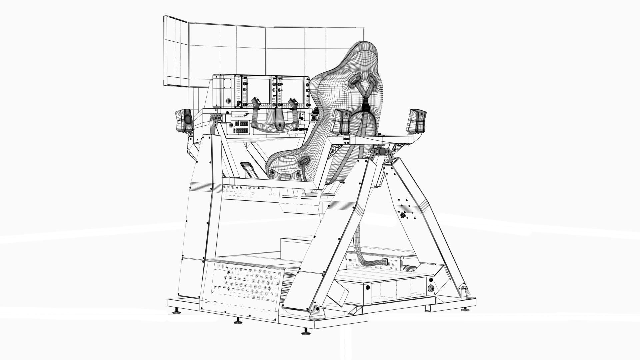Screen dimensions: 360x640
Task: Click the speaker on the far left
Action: click(x=184, y=120)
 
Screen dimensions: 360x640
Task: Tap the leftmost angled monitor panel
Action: click(x=177, y=52)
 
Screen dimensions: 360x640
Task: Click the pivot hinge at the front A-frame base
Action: click(x=316, y=311)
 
